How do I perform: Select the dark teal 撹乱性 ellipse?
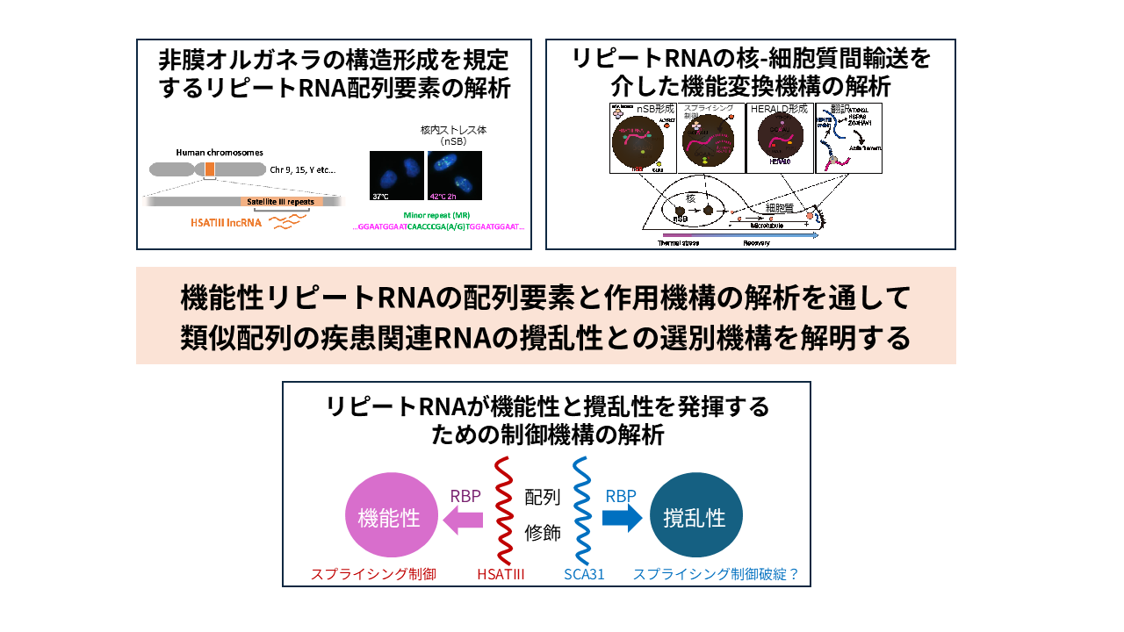tap(695, 515)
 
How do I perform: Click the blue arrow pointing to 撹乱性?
tap(623, 518)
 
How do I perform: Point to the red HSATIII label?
tap(501, 575)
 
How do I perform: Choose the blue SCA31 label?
tap(585, 575)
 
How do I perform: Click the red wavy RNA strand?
tap(503, 510)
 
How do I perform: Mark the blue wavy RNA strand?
tap(580, 510)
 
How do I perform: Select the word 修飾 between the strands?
tap(542, 532)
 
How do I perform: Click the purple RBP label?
tap(465, 496)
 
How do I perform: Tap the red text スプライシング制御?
tap(373, 575)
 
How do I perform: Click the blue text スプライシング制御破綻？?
tap(716, 575)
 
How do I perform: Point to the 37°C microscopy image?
tap(397, 175)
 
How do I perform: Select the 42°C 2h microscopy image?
tap(454, 175)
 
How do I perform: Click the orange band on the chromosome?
tap(209, 169)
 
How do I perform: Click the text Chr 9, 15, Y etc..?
tap(302, 169)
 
